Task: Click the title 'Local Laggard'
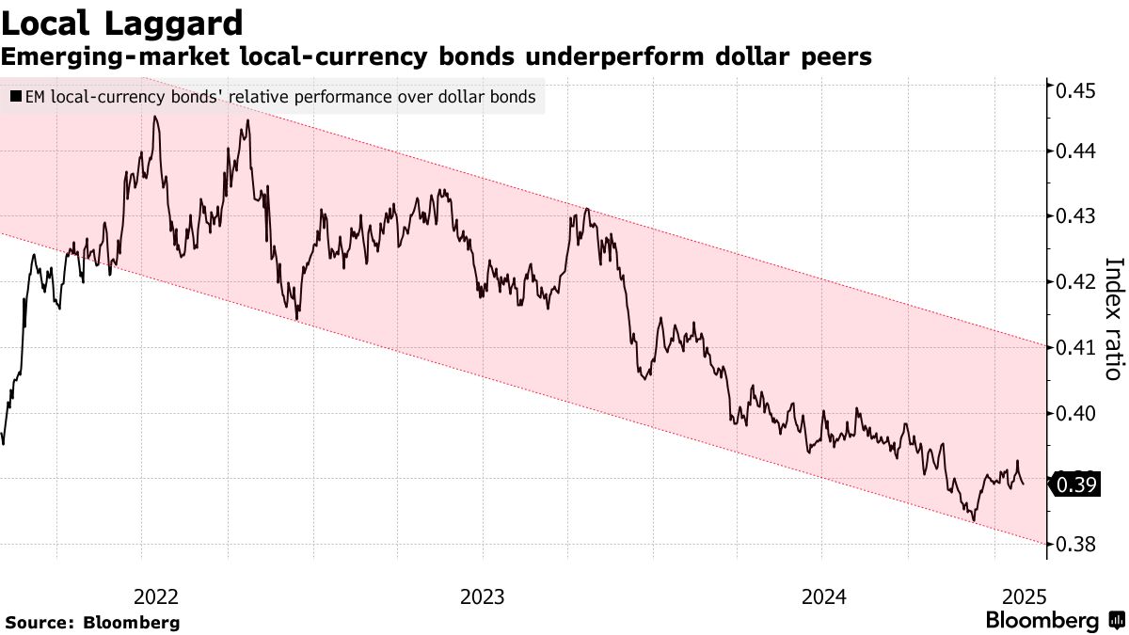(122, 22)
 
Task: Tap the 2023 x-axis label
(482, 596)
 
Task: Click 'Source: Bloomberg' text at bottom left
(92, 622)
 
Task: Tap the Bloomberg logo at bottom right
(1054, 621)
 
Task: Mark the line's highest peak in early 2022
(154, 118)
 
